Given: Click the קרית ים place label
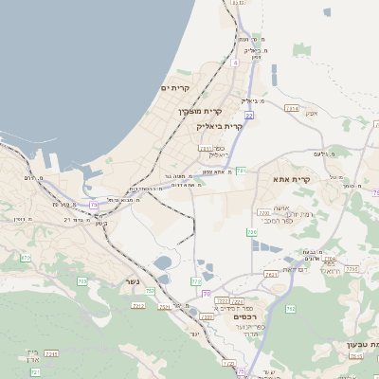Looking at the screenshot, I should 175,89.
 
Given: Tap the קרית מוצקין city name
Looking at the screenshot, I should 200,112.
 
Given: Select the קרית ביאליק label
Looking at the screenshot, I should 220,125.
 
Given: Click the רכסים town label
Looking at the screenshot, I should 249,316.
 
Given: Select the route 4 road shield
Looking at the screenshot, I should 234,63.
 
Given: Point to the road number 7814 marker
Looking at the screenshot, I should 292,109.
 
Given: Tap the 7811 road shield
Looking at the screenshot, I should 206,149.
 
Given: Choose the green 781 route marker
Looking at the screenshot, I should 243,171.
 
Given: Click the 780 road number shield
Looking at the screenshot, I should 252,231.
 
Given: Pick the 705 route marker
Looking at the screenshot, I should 82,282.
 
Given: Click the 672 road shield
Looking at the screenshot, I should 26,257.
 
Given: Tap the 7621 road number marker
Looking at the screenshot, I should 272,275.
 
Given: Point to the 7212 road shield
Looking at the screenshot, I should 138,306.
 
